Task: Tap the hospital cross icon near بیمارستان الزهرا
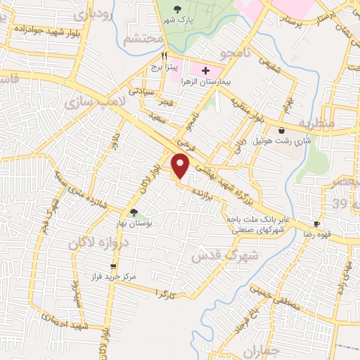[205, 70]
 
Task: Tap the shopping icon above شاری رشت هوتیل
[282, 131]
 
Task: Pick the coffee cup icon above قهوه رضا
[317, 224]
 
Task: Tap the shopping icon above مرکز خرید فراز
[116, 266]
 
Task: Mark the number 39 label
[340, 203]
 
